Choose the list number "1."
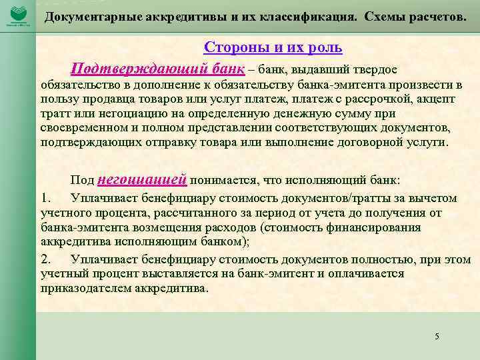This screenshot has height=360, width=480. (x=45, y=198)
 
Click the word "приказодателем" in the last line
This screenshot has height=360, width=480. (x=83, y=289)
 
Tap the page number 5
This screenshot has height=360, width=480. (x=437, y=336)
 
